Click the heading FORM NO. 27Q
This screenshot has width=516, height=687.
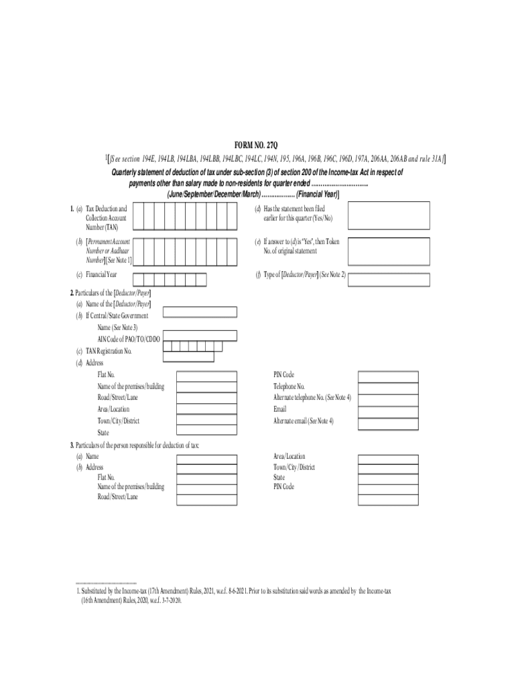(x=258, y=146)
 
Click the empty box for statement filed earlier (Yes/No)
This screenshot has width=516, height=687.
(x=389, y=217)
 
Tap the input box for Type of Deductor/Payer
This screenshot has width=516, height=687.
(x=389, y=278)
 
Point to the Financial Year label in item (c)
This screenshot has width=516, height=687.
(x=101, y=275)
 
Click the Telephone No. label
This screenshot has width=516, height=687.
(x=289, y=386)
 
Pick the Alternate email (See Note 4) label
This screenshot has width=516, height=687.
(x=303, y=421)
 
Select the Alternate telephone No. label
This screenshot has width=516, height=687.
(x=312, y=398)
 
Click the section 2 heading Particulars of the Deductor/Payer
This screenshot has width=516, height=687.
(x=111, y=293)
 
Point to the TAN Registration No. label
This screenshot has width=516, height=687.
(x=108, y=351)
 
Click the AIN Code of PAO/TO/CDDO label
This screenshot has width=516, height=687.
(x=129, y=339)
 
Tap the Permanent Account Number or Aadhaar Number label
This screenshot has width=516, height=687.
(x=108, y=250)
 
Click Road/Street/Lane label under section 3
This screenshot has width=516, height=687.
(x=118, y=497)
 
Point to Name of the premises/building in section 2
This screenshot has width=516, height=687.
(x=131, y=386)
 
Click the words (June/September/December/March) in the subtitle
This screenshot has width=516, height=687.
(x=212, y=194)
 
